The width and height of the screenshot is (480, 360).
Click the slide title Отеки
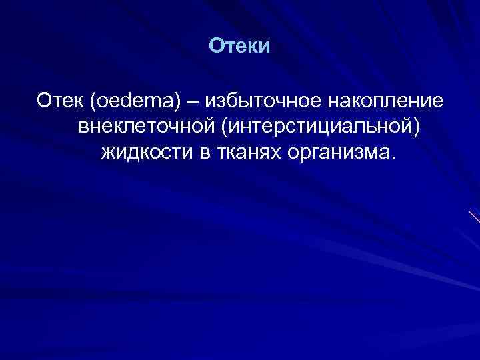pyautogui.click(x=239, y=46)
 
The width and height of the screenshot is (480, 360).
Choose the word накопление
pyautogui.click(x=389, y=101)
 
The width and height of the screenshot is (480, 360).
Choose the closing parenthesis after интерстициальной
pyautogui.click(x=417, y=127)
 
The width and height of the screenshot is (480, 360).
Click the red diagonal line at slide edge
pyautogui.click(x=474, y=216)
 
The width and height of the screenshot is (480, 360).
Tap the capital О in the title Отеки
pyautogui.click(x=215, y=46)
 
